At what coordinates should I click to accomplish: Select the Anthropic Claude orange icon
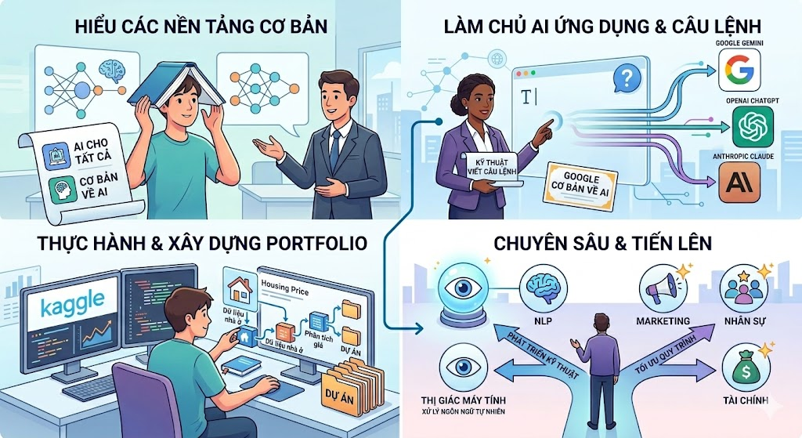coord(739,183)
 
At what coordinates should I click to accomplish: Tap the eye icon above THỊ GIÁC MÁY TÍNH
coord(463,367)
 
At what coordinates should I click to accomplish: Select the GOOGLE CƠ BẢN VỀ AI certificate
coord(582,186)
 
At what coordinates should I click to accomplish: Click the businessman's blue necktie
coord(334,150)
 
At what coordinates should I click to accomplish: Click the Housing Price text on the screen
coord(285,288)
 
